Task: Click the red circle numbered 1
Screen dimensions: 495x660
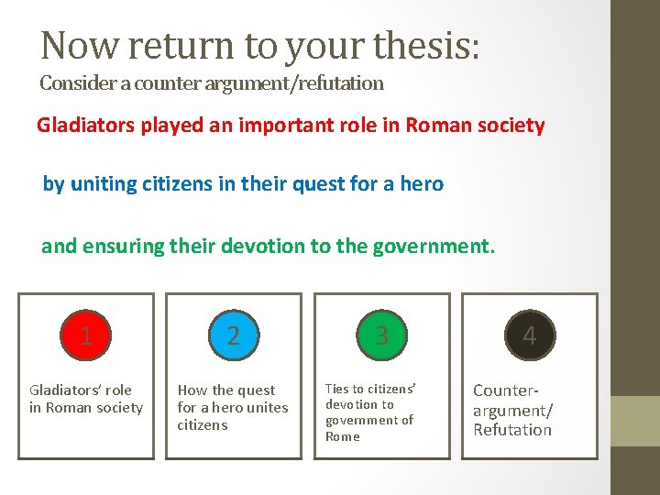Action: click(86, 335)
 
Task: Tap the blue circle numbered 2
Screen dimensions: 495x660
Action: click(234, 335)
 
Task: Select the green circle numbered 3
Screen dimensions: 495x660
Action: click(381, 335)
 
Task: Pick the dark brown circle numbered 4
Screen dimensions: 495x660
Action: click(529, 335)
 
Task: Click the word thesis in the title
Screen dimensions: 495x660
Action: click(427, 44)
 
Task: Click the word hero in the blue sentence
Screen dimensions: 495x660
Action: click(423, 184)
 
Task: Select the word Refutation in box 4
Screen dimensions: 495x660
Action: click(512, 430)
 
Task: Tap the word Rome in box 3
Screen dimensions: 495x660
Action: click(342, 436)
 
